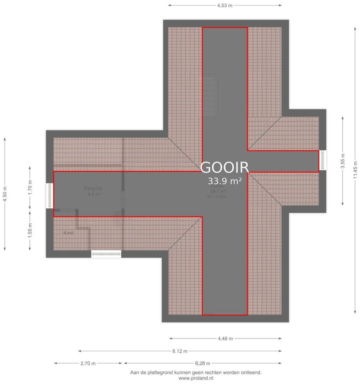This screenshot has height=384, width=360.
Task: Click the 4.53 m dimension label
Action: point(225,5)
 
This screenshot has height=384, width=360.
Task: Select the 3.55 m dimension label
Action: point(343,161)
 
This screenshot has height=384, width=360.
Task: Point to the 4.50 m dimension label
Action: point(5,194)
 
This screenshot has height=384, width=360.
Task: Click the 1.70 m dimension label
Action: point(30,187)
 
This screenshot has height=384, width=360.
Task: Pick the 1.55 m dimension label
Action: point(30,230)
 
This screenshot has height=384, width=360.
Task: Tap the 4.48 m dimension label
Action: point(225,338)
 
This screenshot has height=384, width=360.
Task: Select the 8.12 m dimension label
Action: point(180,351)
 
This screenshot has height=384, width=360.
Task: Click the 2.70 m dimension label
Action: point(88,363)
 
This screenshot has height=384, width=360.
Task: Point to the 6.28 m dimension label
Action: point(202,363)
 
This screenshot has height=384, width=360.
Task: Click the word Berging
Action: point(93,188)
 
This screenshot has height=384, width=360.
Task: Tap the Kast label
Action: point(69,233)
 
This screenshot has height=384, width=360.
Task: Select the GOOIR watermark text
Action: point(224,167)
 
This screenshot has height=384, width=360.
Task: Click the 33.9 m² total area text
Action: point(225,181)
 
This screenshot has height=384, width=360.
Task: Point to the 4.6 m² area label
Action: point(94,194)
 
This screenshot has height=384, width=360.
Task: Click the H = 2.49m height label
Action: point(217,197)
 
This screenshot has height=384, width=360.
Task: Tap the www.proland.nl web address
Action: point(196,378)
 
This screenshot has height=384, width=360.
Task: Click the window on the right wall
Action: point(323,160)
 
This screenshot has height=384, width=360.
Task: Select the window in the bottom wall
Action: point(106,254)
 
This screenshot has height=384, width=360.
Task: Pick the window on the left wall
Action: point(49,196)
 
